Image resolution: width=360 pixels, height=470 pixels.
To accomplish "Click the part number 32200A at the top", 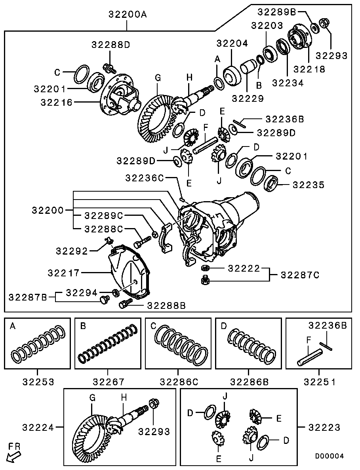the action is pos(128,14).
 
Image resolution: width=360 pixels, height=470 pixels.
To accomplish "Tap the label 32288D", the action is pos(111,45).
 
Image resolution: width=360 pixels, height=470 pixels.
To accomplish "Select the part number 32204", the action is pos(232,44).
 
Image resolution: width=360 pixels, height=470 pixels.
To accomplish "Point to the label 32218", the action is pos(309,69).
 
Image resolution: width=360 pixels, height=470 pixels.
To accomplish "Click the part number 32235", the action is pos(309,185).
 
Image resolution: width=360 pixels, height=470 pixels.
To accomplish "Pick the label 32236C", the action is pos(145,178).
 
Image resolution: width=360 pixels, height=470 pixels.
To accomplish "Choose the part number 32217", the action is pos(63,273).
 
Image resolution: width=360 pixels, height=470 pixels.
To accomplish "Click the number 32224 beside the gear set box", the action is pos(38,427).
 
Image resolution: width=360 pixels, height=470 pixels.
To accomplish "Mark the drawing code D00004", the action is pos(329,456).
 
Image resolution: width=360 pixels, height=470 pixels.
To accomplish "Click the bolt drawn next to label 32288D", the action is pos(109,68).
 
